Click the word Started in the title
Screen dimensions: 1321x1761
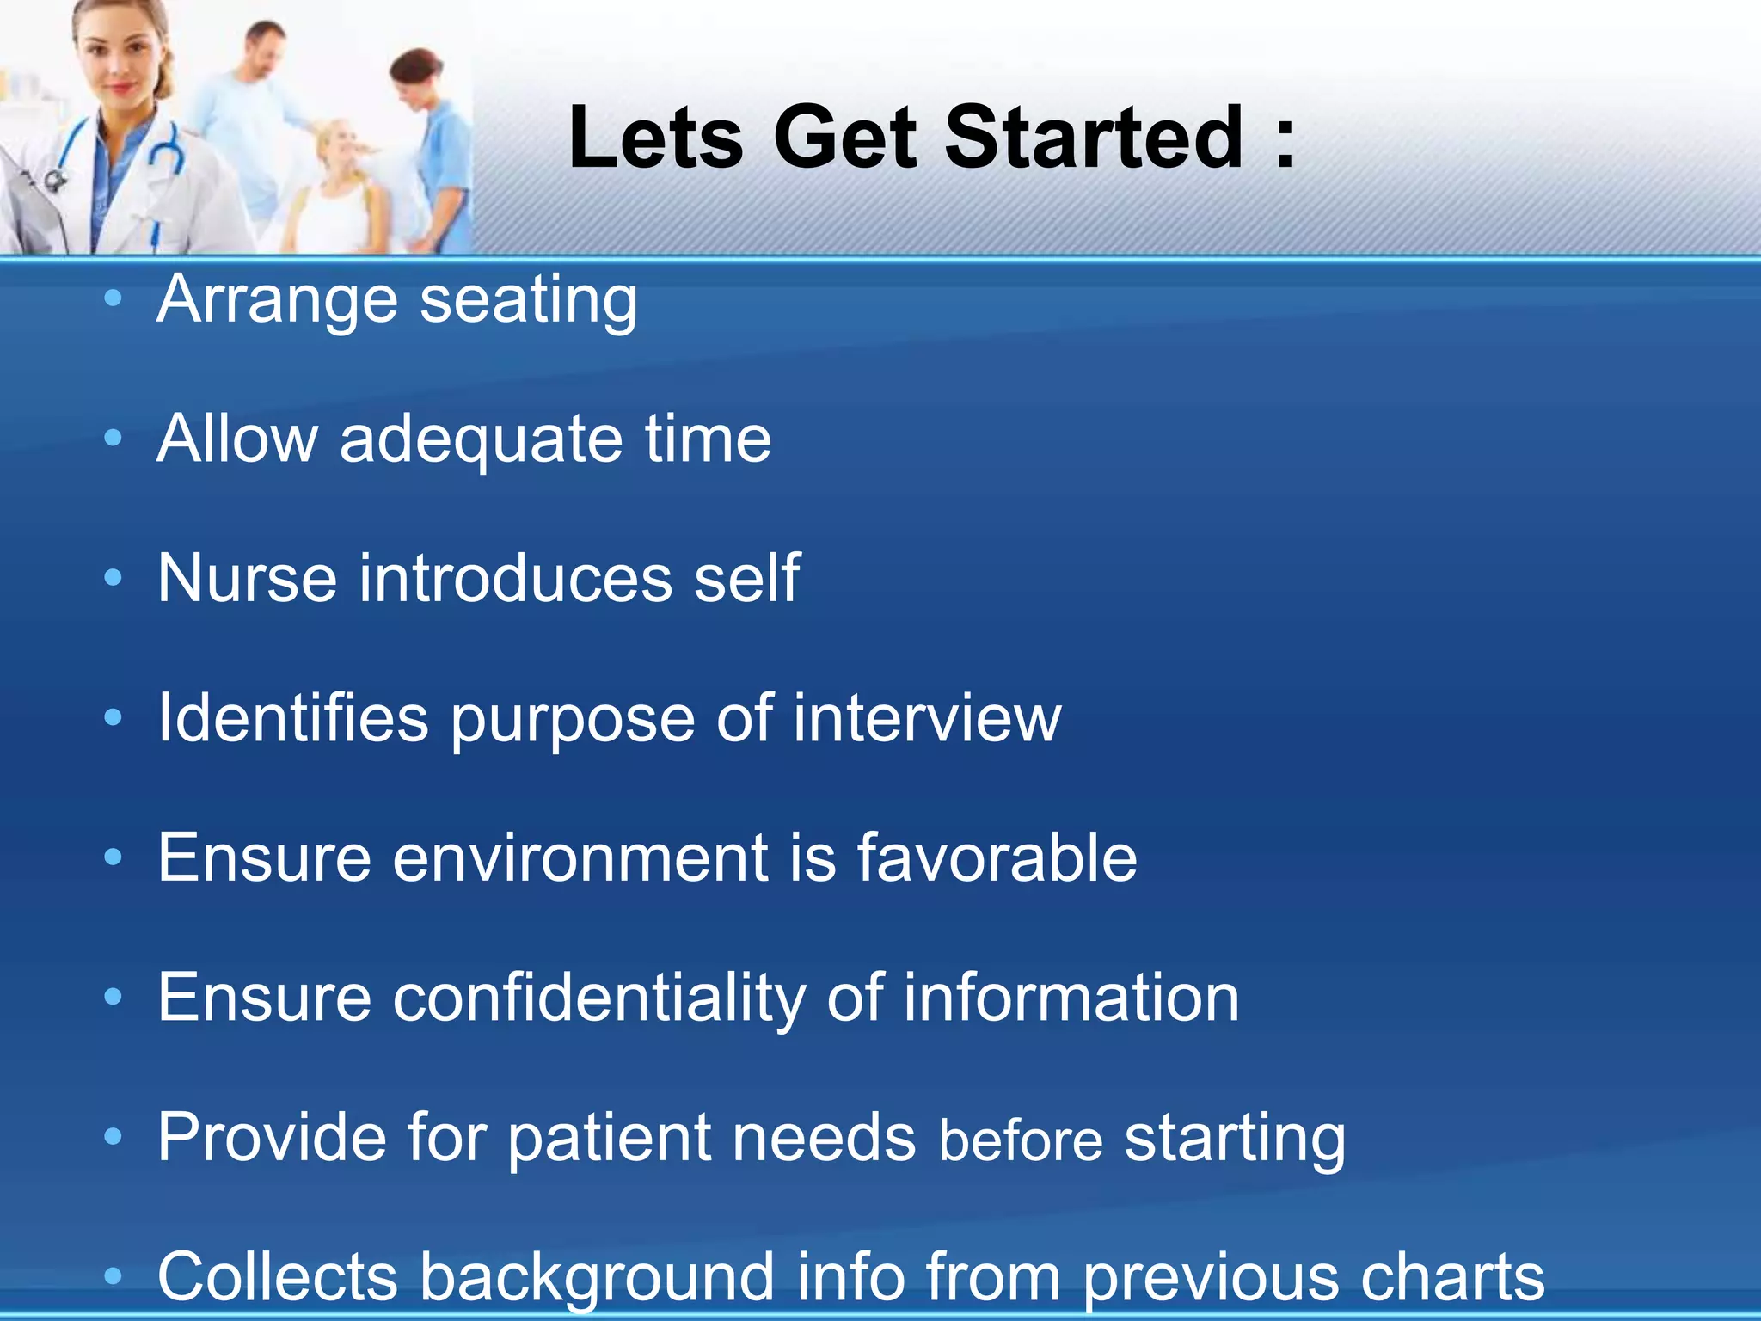pos(1094,138)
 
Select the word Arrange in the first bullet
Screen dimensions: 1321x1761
pos(277,301)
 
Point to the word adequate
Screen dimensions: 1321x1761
pos(481,440)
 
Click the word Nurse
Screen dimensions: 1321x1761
pos(247,578)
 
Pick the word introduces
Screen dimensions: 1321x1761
pos(515,578)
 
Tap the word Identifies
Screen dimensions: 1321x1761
pos(293,718)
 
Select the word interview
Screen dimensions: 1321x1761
pos(927,718)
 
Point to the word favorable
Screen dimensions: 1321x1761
pos(997,857)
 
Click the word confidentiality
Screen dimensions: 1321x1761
pos(599,998)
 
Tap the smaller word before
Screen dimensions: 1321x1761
pos(1021,1140)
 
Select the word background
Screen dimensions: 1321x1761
pos(597,1278)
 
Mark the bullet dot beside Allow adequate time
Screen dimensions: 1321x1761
pos(113,439)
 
